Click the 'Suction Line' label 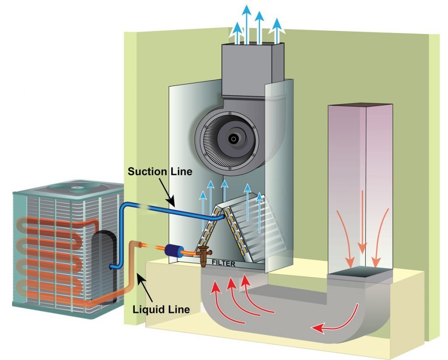[x=160, y=171]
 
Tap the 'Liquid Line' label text [x=161, y=309]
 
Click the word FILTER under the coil [x=224, y=264]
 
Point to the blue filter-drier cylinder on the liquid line [x=175, y=250]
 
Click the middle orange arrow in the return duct [x=361, y=223]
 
